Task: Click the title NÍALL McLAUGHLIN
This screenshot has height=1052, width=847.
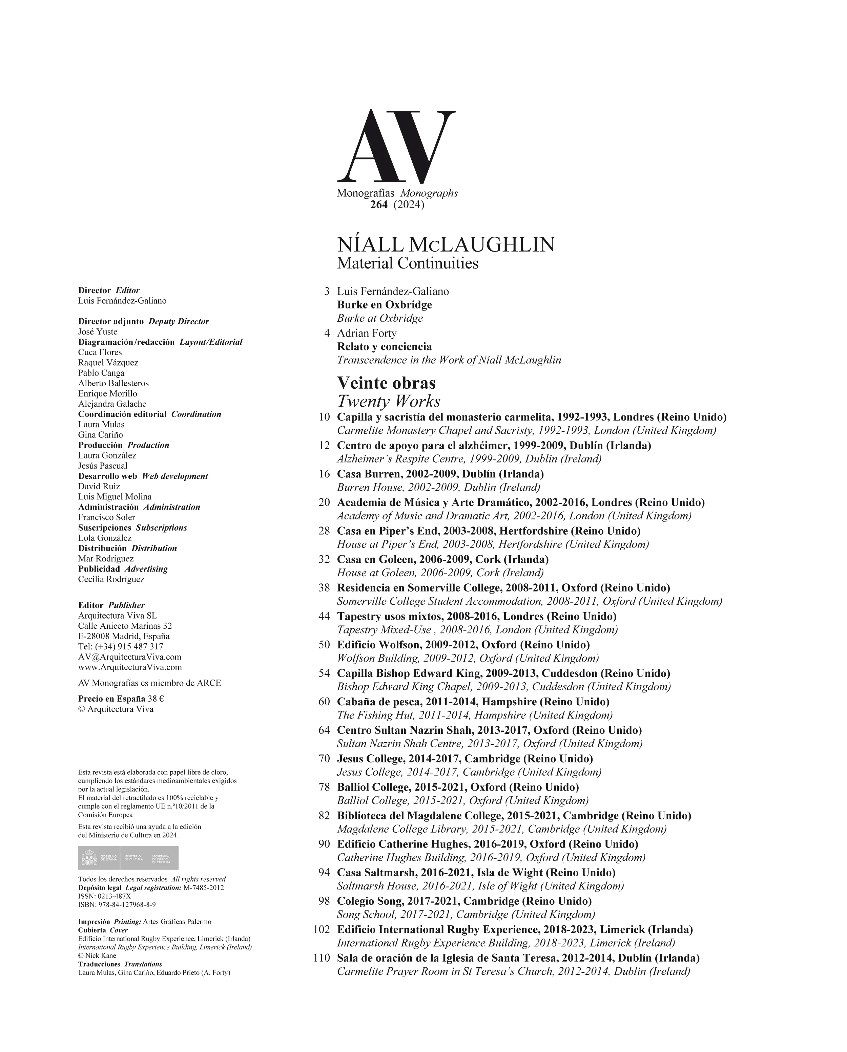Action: [x=446, y=244]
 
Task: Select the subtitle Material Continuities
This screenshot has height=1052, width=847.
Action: [x=408, y=263]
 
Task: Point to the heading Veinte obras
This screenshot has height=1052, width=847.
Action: [x=386, y=383]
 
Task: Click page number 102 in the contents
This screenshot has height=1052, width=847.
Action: [x=322, y=929]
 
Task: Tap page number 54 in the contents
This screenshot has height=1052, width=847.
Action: [x=324, y=673]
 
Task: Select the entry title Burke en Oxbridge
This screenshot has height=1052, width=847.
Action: [x=384, y=305]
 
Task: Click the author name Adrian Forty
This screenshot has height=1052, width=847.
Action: [x=367, y=333]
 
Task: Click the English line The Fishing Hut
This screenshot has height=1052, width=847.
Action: [x=475, y=715]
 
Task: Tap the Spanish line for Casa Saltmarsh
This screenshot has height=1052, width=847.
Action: [x=476, y=873]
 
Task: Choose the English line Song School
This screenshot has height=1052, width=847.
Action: [x=466, y=915]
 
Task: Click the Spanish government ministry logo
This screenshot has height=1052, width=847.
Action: [x=128, y=858]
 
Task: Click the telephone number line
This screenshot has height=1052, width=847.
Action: [x=121, y=646]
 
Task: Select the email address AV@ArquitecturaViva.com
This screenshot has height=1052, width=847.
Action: [x=129, y=657]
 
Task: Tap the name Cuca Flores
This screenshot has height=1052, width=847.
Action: [x=100, y=352]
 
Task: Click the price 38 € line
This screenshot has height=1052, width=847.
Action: [x=121, y=699]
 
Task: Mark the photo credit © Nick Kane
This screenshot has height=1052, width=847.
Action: [x=97, y=956]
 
